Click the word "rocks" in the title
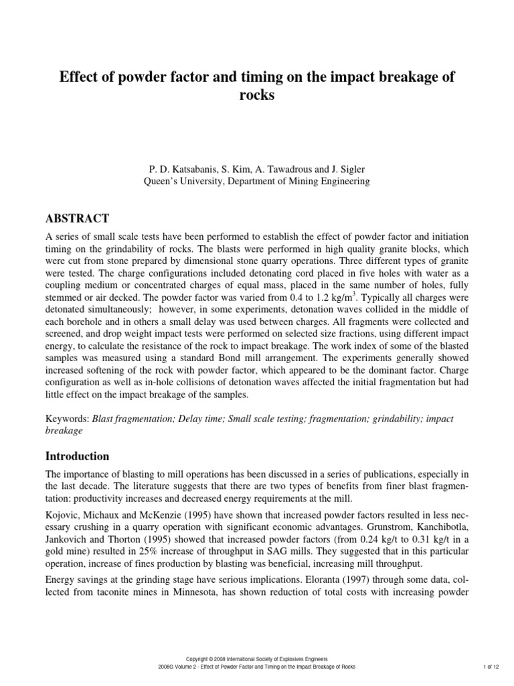pyautogui.click(x=257, y=96)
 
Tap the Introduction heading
pyautogui.click(x=77, y=456)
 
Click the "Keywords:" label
pyautogui.click(x=66, y=419)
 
